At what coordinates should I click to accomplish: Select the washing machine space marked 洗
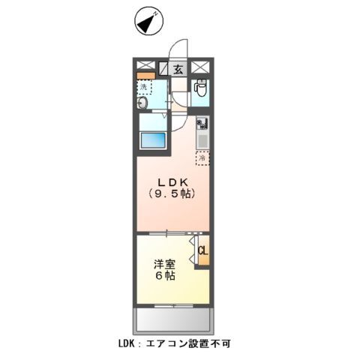coord(143,87)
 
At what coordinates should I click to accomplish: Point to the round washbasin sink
coord(143,104)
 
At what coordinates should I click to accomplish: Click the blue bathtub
coord(155,140)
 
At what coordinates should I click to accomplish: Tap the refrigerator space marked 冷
coord(202,157)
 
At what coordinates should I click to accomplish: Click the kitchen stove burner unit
coord(201,123)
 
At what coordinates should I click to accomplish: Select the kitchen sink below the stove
coord(201,139)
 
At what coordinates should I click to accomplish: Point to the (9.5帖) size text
coord(172,195)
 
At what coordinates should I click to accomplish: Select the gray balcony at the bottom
coord(172,320)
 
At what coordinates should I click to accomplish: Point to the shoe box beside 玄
coord(164,70)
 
